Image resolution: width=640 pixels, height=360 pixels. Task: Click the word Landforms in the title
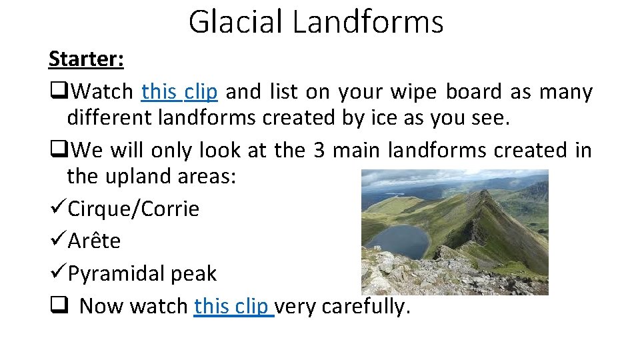tap(367, 21)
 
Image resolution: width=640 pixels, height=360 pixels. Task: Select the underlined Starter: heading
tap(86, 59)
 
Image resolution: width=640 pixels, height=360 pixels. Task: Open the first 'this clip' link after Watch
tap(179, 91)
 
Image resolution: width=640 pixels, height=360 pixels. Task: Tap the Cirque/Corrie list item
tap(133, 209)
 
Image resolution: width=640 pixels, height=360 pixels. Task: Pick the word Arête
tap(94, 241)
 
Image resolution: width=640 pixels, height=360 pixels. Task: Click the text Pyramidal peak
tap(142, 273)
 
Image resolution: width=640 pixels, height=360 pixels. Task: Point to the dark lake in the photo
tap(398, 240)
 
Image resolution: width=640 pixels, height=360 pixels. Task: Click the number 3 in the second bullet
tap(319, 151)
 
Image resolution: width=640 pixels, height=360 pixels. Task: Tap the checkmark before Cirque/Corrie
tap(57, 209)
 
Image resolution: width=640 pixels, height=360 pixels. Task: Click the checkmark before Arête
tap(57, 241)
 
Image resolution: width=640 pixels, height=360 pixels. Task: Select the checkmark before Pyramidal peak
tap(57, 273)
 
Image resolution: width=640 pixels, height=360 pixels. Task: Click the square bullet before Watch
tap(56, 91)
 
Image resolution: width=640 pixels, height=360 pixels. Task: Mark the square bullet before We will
tap(56, 151)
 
